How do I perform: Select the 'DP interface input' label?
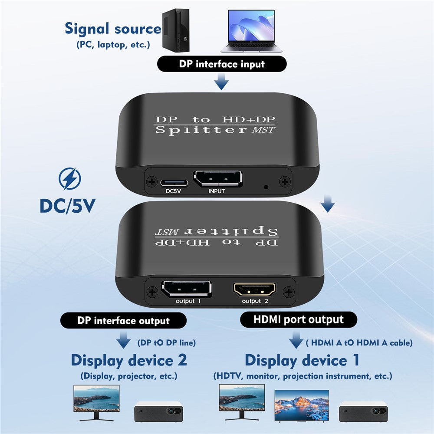pos(221,64)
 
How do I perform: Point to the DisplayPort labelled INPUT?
pos(217,179)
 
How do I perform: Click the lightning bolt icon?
pos(70,179)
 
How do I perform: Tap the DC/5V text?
pos(67,206)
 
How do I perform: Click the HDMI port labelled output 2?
pos(255,289)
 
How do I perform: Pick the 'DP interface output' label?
pos(123,321)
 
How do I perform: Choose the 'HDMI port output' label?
pos(298,320)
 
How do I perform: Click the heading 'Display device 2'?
pos(129,360)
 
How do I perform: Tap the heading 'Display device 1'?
pos(302,360)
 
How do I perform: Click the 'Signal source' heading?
pos(113,29)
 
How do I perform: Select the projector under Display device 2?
pos(158,411)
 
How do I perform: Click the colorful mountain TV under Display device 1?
pos(302,405)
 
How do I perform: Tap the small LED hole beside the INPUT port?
pos(266,187)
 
